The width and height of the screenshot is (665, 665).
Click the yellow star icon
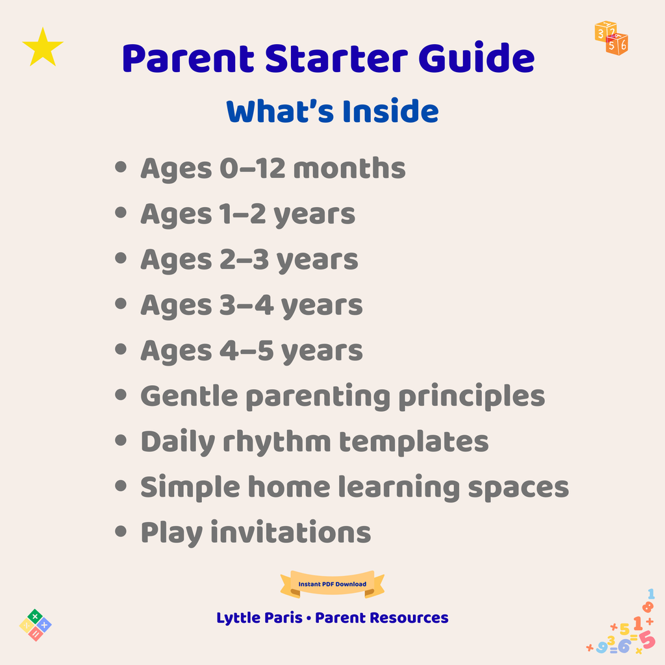coord(43,47)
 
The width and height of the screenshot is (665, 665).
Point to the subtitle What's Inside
coord(332,111)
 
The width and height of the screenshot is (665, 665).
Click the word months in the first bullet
coord(349,169)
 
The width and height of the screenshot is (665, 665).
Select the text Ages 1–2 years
coord(247,214)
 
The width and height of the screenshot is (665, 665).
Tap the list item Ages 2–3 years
coord(249,260)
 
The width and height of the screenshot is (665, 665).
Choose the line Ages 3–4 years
coord(251,305)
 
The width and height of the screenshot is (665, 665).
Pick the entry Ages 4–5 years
coord(251,351)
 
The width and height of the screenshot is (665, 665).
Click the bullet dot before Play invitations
coord(120,532)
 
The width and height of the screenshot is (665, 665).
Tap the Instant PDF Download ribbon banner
coord(332,584)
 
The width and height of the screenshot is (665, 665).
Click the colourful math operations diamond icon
coord(36,625)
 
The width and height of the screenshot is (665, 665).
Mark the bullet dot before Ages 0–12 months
coord(120,168)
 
